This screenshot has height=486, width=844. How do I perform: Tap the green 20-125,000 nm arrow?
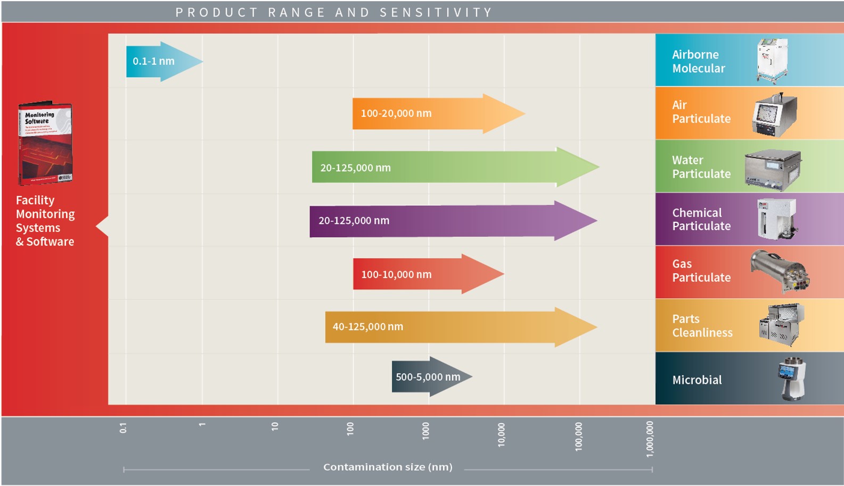tap(453, 167)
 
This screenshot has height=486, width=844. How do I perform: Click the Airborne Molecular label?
tap(698, 61)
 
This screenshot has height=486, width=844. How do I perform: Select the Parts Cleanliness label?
tap(702, 326)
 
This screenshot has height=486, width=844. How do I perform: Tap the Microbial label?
tap(696, 380)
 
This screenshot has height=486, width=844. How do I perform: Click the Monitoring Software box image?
tap(45, 143)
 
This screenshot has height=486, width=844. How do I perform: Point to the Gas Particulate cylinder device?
tap(780, 271)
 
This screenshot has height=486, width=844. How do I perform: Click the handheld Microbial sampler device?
tap(792, 379)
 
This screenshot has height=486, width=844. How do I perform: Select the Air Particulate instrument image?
tap(775, 114)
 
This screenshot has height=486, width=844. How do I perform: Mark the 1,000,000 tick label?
tap(650, 439)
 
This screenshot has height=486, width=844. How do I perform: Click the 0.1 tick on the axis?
tap(123, 428)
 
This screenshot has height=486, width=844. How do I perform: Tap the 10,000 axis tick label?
tap(501, 435)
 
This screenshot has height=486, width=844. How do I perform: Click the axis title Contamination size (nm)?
tap(388, 467)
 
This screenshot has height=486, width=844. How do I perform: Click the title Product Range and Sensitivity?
tap(334, 12)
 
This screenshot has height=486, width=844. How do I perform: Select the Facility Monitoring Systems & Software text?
tap(45, 221)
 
